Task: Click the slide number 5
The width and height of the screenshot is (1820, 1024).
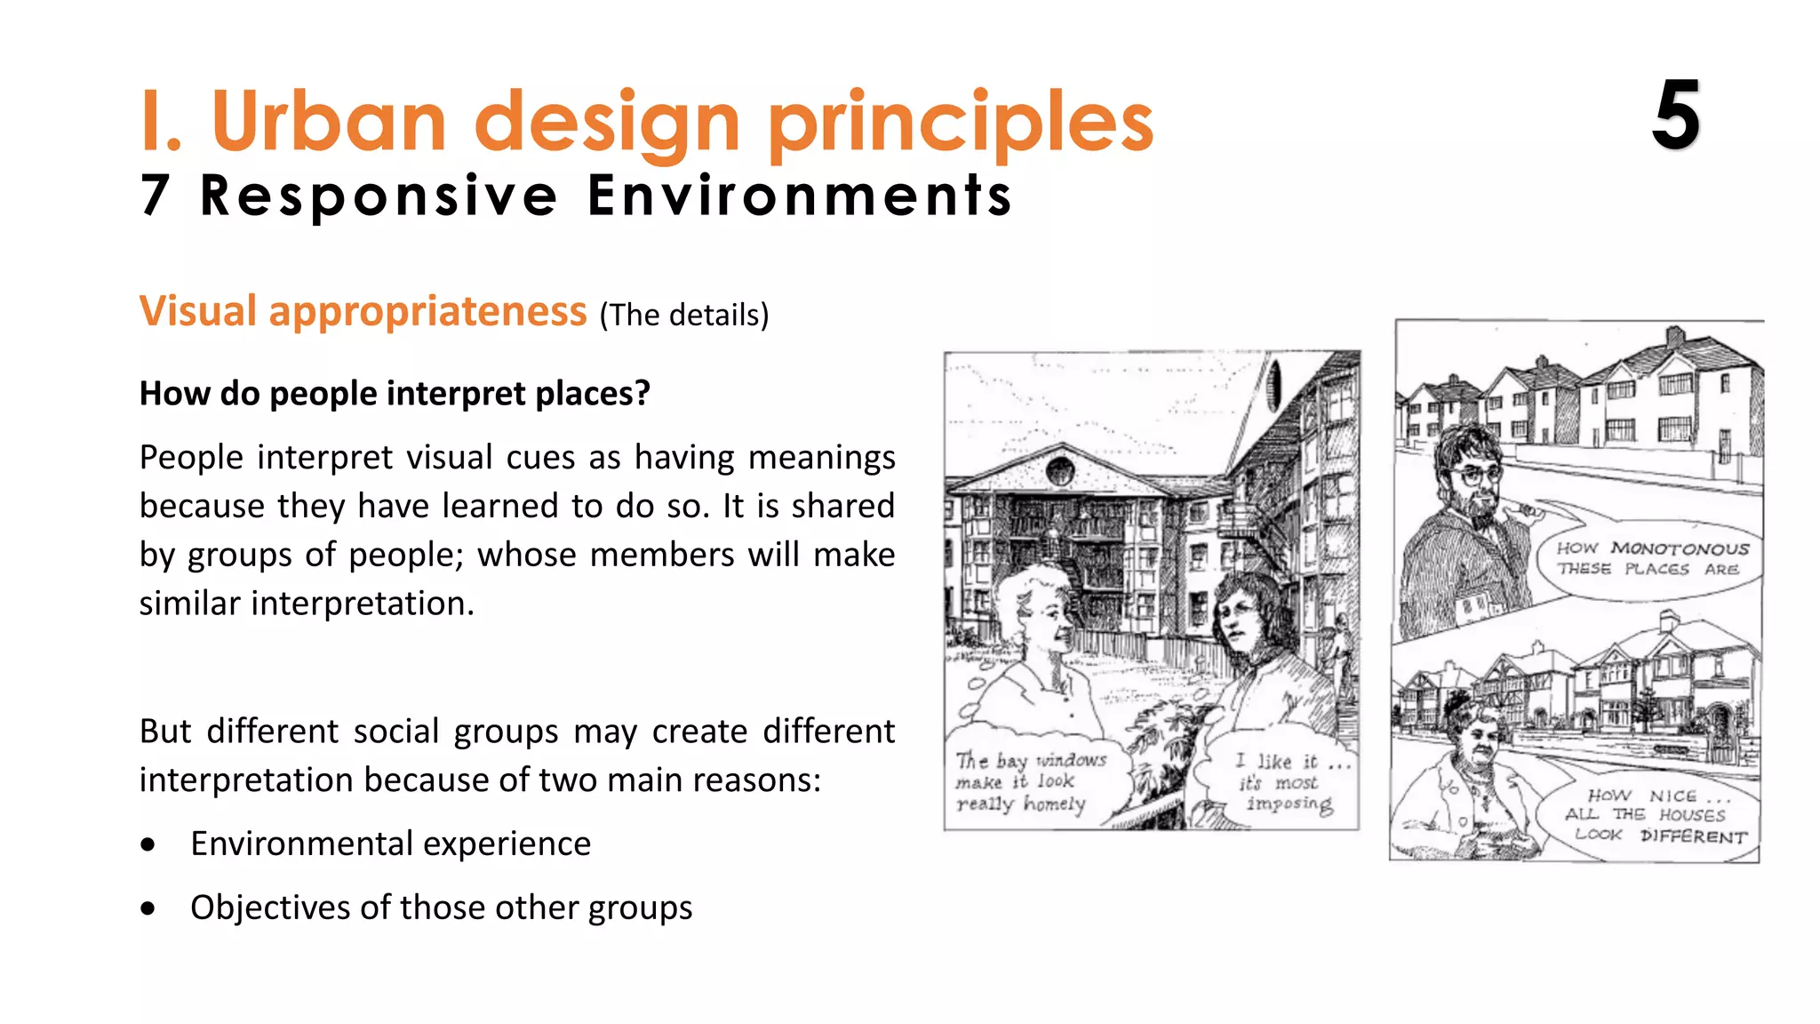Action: point(1675,116)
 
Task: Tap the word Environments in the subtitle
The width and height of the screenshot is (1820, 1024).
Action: point(799,196)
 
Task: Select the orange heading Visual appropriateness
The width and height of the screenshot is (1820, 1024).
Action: point(363,311)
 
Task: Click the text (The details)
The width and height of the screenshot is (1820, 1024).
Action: point(683,315)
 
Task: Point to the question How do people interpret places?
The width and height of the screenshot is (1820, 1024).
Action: point(395,393)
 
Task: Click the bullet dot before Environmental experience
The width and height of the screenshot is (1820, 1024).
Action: point(148,844)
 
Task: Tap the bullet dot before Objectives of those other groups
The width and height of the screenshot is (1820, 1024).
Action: point(148,908)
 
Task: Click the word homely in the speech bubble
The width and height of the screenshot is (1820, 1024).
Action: point(1054,804)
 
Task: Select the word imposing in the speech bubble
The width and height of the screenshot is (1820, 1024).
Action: point(1289,804)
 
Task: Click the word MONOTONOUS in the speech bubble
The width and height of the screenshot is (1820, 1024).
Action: point(1679,548)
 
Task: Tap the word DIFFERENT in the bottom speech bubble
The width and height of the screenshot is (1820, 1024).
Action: point(1693,836)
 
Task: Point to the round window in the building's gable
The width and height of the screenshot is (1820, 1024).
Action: point(1060,470)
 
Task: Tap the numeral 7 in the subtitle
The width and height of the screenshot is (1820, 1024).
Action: point(155,196)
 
